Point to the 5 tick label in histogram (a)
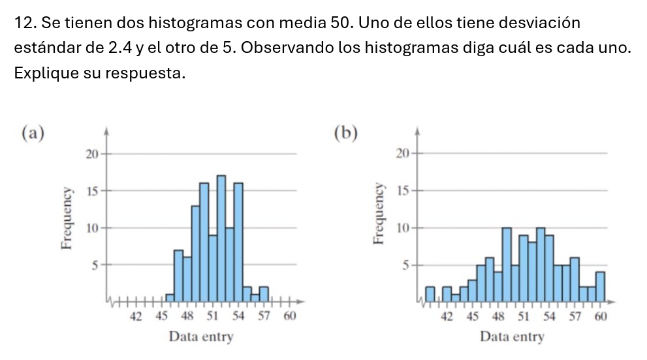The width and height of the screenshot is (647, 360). pos(94,265)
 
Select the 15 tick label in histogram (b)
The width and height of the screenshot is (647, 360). pos(402,191)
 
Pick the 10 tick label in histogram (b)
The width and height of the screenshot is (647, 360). pos(402,228)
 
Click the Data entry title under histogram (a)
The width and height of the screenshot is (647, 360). pos(200,337)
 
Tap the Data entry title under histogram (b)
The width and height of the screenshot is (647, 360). pos(511,337)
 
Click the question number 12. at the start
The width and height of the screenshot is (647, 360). pos(25,24)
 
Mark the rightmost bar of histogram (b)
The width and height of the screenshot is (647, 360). pos(600,287)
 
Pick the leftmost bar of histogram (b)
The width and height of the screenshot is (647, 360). pos(430,295)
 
